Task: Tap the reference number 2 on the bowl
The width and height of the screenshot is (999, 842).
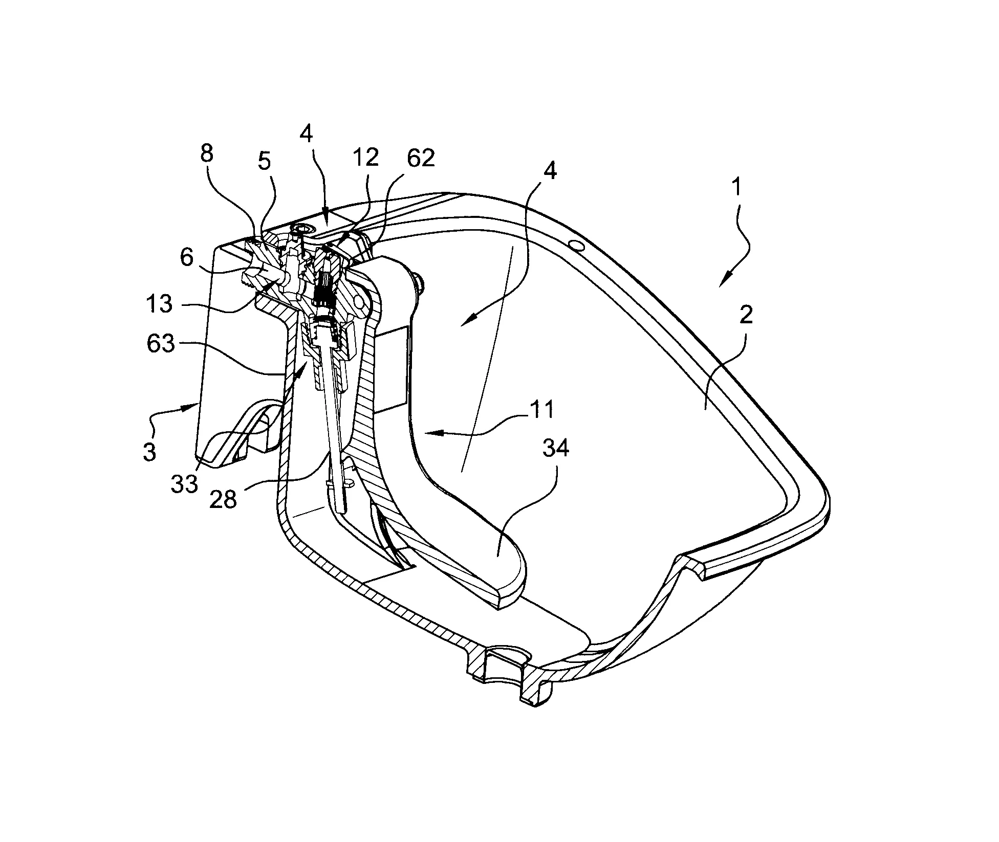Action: click(x=747, y=317)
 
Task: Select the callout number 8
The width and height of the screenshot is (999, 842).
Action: click(x=207, y=153)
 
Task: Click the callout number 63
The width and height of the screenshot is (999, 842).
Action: click(x=160, y=344)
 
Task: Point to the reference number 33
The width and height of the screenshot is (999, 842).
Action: click(x=185, y=483)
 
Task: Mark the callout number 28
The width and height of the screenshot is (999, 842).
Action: click(x=224, y=499)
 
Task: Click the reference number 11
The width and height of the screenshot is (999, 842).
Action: click(x=542, y=410)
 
